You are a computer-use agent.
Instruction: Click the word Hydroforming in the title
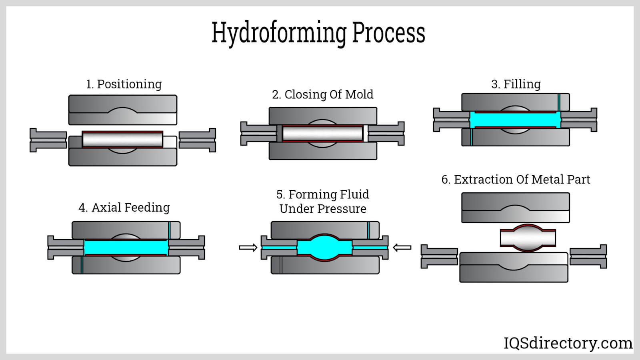(x=279, y=33)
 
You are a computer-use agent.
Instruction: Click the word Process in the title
(x=388, y=33)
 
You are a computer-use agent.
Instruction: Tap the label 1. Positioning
(x=124, y=84)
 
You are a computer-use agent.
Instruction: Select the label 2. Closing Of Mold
(x=322, y=94)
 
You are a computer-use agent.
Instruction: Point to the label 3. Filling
(x=516, y=84)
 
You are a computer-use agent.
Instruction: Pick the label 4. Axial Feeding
(x=124, y=207)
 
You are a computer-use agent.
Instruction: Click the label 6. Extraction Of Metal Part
(x=515, y=179)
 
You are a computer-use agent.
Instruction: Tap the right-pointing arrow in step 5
(x=248, y=248)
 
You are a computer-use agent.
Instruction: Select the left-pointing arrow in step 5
(x=402, y=248)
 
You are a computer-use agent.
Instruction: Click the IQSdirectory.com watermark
(x=568, y=343)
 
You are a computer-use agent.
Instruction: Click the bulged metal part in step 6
(x=528, y=238)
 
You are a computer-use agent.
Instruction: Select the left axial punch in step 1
(x=48, y=140)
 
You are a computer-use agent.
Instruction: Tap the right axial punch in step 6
(x=588, y=256)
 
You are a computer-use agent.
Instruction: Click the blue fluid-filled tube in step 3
(x=515, y=120)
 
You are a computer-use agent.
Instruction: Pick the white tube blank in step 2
(x=322, y=133)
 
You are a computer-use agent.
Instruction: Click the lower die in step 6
(x=514, y=272)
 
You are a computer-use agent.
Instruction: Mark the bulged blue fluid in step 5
(x=324, y=247)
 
